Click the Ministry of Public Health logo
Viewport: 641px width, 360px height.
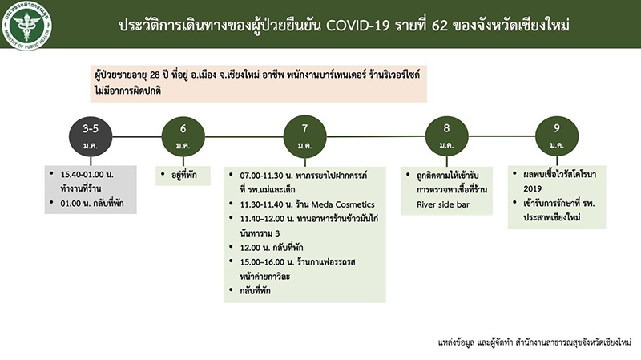(26, 26)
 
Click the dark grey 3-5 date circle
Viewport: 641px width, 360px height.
(91, 136)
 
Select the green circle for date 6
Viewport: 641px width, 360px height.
(183, 136)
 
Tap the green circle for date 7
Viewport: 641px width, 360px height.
(304, 136)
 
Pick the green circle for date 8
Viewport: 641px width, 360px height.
(446, 136)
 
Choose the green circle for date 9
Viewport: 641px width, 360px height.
(557, 136)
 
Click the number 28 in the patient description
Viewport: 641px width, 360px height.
(155, 75)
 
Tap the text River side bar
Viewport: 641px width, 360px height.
(443, 204)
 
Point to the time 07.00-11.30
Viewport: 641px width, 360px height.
(263, 176)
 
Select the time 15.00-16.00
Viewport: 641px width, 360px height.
(262, 262)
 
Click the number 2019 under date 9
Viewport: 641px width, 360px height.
(532, 189)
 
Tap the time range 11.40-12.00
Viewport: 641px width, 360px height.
(263, 219)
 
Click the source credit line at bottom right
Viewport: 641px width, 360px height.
(534, 342)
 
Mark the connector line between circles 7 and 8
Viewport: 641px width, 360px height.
(376, 136)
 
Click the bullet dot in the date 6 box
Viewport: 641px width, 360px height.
(163, 174)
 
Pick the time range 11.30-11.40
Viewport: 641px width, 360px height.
(263, 204)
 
